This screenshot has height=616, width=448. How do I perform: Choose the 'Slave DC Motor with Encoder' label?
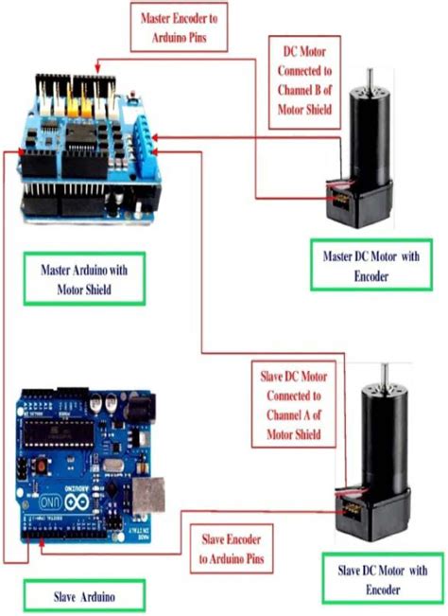pyautogui.click(x=383, y=579)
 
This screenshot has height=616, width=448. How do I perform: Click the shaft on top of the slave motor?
pyautogui.click(x=384, y=376)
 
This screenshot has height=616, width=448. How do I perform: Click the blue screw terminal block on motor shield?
pyautogui.click(x=140, y=140)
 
